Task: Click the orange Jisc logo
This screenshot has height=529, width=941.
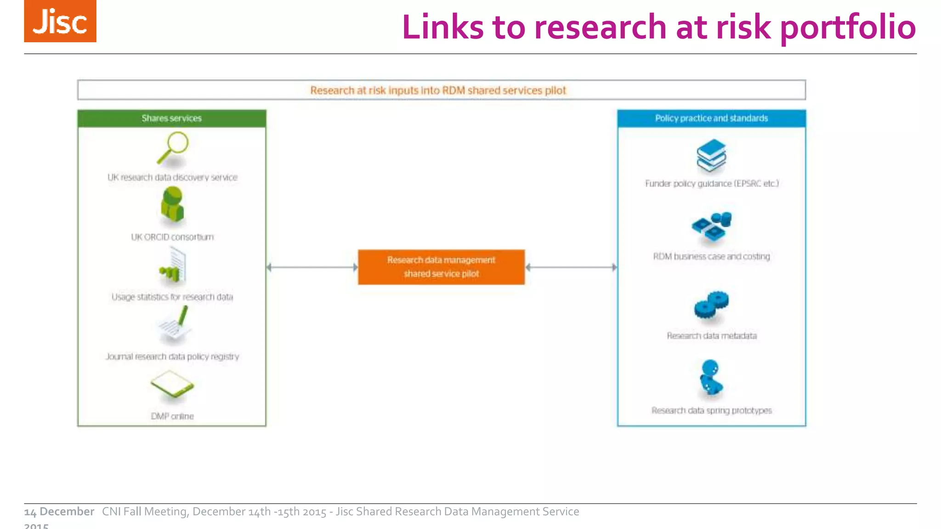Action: tap(60, 21)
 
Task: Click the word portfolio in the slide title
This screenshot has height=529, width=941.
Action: tap(848, 28)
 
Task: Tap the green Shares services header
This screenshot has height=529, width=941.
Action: tap(171, 118)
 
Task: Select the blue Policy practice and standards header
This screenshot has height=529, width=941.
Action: tap(711, 118)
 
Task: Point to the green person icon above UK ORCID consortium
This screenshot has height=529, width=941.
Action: tap(172, 205)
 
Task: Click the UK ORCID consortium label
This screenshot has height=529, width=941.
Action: tap(172, 237)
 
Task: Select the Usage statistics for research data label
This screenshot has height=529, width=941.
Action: tap(172, 297)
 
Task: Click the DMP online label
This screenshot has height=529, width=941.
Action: tap(172, 416)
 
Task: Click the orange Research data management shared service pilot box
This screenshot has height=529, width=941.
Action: tap(441, 267)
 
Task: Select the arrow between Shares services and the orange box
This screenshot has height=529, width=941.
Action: tap(312, 267)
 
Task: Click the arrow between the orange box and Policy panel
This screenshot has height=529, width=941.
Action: tap(571, 267)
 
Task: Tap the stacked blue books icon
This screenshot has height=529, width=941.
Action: tap(711, 155)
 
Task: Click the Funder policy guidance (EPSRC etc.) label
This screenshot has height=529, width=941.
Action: tap(712, 184)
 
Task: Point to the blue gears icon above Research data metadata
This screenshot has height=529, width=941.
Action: tap(711, 304)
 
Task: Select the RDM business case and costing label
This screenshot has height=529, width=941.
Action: tap(711, 257)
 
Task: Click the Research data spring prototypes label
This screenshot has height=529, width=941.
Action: tap(711, 411)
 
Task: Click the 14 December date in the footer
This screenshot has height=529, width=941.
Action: tap(59, 512)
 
